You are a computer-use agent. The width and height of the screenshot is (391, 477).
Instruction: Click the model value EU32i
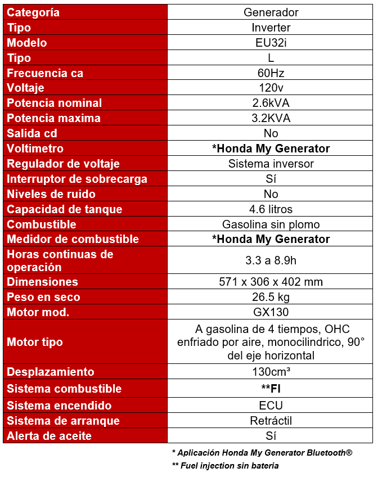(271, 43)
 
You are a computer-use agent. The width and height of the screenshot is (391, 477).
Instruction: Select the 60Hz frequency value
(271, 73)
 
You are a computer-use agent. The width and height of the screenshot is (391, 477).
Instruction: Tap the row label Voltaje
(25, 88)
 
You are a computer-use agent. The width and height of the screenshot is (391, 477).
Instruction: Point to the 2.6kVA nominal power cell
(271, 103)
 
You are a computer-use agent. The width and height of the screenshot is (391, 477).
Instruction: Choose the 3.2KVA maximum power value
(271, 119)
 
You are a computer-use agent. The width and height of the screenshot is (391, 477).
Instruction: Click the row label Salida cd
(32, 134)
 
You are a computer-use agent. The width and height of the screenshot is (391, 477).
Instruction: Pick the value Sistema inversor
(271, 164)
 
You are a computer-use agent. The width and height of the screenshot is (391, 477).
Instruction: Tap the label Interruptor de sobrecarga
(77, 179)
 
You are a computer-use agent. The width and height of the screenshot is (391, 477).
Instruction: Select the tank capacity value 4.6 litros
(271, 210)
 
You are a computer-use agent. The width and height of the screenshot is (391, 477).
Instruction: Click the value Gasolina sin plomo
(271, 224)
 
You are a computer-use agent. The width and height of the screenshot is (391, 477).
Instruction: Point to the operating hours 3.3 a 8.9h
(271, 260)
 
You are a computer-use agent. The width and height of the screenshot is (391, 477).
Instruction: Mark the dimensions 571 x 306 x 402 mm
(271, 282)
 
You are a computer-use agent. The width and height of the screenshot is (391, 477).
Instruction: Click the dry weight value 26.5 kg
(271, 298)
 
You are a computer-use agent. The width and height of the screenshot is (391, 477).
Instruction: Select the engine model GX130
(271, 313)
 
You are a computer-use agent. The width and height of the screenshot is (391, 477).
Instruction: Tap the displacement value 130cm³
(271, 372)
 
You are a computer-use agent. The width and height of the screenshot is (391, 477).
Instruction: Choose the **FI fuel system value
(271, 389)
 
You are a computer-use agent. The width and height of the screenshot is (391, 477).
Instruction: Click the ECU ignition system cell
(271, 406)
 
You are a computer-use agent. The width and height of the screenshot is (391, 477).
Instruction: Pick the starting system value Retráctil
(271, 421)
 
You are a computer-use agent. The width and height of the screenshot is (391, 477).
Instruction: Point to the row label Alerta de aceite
(49, 436)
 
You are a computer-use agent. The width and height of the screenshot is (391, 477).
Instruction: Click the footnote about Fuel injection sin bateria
(225, 466)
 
